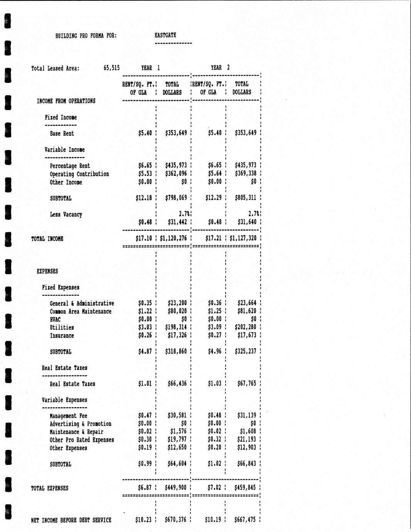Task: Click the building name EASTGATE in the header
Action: pos(165,35)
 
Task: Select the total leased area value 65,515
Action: pos(111,68)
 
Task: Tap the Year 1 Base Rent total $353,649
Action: pos(176,133)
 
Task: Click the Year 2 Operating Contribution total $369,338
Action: pos(245,174)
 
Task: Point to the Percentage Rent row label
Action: pos(70,166)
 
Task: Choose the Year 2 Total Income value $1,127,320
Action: pos(243,238)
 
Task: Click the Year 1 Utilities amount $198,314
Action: pos(176,327)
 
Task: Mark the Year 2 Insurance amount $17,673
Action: pos(246,335)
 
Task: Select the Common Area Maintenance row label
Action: pos(81,311)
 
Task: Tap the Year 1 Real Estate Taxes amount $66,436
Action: pos(177,384)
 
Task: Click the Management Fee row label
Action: pos(68,416)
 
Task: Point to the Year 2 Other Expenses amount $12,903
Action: pos(246,448)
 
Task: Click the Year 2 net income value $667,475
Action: pos(245,520)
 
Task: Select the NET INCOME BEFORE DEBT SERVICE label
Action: pos(71,520)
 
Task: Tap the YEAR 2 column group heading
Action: pos(220,67)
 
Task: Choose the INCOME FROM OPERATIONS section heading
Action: pos(66,101)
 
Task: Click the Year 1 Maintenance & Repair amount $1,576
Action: pos(178,432)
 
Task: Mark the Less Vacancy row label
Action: pos(66,214)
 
